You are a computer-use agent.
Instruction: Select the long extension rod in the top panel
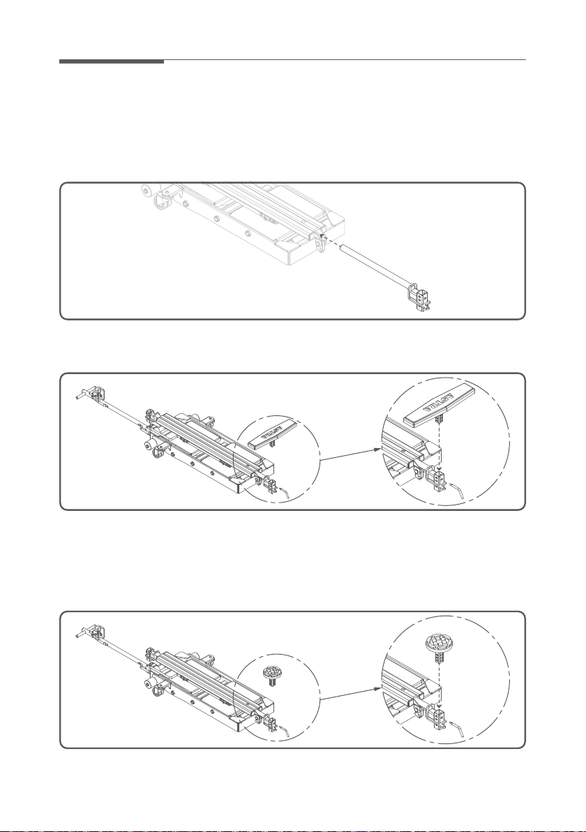click(x=374, y=265)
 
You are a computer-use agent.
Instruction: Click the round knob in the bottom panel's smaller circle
click(x=271, y=671)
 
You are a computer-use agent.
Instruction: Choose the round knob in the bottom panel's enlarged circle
click(x=440, y=642)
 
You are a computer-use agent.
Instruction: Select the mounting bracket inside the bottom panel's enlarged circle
click(x=437, y=715)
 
